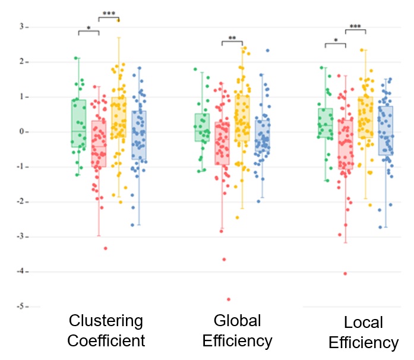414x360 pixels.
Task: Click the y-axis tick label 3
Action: click(x=21, y=27)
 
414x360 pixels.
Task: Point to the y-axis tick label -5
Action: click(x=20, y=307)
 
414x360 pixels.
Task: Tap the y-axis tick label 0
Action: click(x=21, y=131)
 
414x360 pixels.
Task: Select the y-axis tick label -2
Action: click(x=20, y=201)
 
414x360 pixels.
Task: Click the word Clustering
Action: click(x=106, y=321)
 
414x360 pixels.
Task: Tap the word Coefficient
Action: click(x=106, y=340)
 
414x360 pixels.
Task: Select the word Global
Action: click(x=237, y=321)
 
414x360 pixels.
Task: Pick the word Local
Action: click(x=364, y=322)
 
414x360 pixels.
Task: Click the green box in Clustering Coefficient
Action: click(x=78, y=124)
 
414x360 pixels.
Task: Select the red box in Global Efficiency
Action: click(x=222, y=143)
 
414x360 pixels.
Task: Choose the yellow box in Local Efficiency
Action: click(x=366, y=117)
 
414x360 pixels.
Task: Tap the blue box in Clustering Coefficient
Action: click(x=139, y=135)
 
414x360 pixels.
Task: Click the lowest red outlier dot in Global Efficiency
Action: click(x=229, y=299)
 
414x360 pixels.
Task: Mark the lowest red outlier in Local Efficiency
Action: click(x=345, y=274)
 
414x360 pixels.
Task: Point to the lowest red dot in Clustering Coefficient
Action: click(x=106, y=248)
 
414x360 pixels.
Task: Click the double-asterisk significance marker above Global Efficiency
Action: click(x=232, y=38)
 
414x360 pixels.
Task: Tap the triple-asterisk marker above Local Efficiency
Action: click(x=355, y=26)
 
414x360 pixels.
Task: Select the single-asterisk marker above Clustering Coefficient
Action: click(x=89, y=28)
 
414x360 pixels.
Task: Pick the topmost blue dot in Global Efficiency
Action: click(x=268, y=50)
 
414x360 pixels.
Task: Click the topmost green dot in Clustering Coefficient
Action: click(x=76, y=58)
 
